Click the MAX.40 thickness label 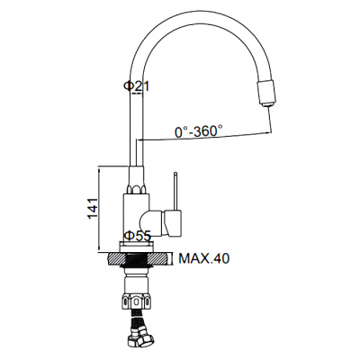pos(202,259)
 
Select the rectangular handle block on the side pos(171,219)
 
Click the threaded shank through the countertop pos(136,260)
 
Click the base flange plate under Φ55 pos(136,248)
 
